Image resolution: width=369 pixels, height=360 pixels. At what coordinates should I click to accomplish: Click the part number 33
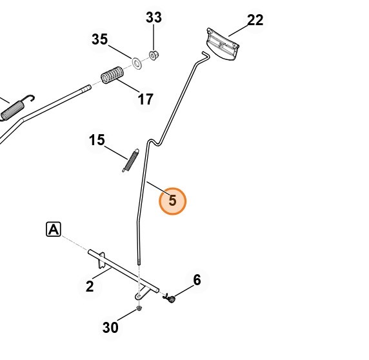tap(154, 17)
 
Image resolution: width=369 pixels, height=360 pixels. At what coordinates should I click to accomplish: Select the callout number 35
tap(100, 39)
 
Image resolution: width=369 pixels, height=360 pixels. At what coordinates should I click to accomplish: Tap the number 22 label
tap(255, 20)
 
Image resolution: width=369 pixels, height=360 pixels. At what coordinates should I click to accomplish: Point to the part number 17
tap(145, 99)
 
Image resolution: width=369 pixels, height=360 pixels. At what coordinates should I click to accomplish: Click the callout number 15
tap(97, 140)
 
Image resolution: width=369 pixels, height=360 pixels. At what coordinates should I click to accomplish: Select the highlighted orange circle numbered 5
tap(172, 201)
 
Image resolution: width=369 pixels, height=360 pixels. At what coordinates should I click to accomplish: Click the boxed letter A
tap(54, 229)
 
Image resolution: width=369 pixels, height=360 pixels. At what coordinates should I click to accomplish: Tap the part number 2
tap(90, 286)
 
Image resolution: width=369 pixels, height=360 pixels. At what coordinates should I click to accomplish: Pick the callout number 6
tap(197, 280)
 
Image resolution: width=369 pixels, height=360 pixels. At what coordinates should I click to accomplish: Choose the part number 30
tap(110, 327)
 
